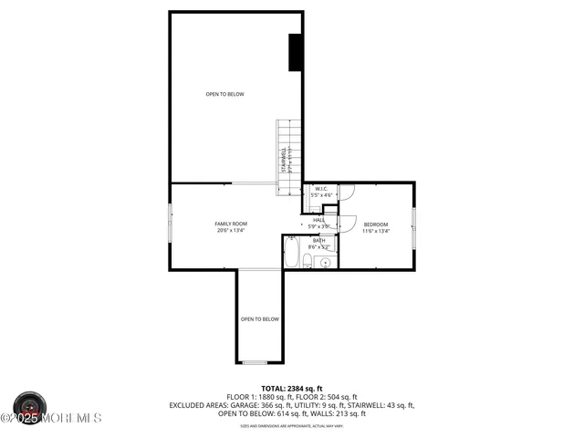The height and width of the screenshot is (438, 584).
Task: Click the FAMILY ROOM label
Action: tap(231, 224)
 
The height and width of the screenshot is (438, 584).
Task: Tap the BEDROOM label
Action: tap(376, 224)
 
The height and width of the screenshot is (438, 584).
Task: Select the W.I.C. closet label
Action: tap(321, 190)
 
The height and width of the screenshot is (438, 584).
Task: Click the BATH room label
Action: tap(318, 241)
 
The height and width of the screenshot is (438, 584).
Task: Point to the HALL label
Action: tap(318, 220)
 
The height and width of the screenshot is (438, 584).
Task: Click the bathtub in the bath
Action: tap(292, 254)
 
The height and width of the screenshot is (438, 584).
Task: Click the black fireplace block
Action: tap(296, 52)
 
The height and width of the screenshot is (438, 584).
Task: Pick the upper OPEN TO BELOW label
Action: tap(224, 94)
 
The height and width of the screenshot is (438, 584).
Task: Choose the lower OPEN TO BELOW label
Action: tap(259, 319)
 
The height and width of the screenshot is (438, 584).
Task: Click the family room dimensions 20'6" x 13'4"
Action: tap(231, 231)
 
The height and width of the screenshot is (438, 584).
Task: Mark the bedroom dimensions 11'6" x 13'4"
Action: tap(376, 232)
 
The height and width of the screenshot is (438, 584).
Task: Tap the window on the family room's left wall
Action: tap(169, 224)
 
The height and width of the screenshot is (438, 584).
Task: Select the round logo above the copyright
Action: tap(30, 404)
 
